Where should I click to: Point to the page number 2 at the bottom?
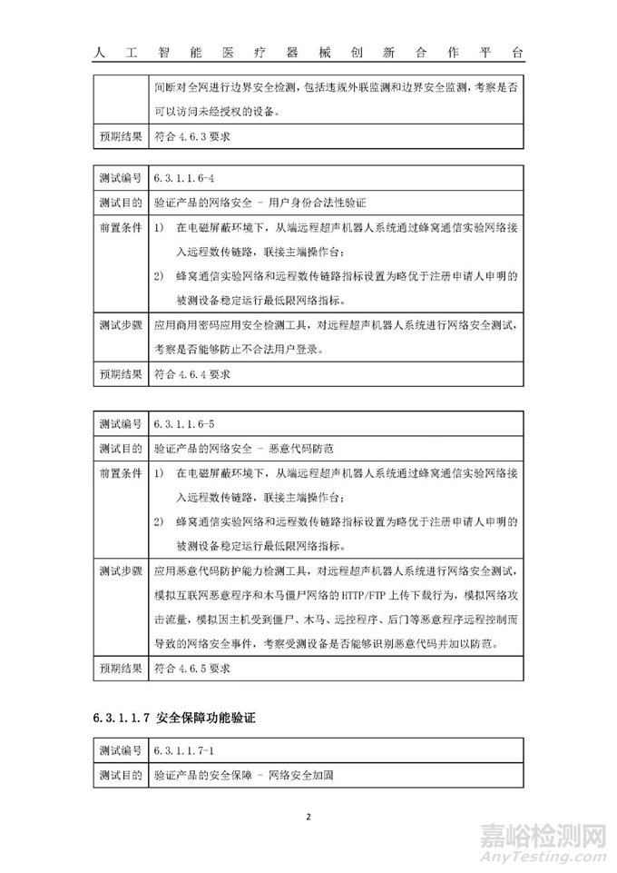(308, 816)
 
